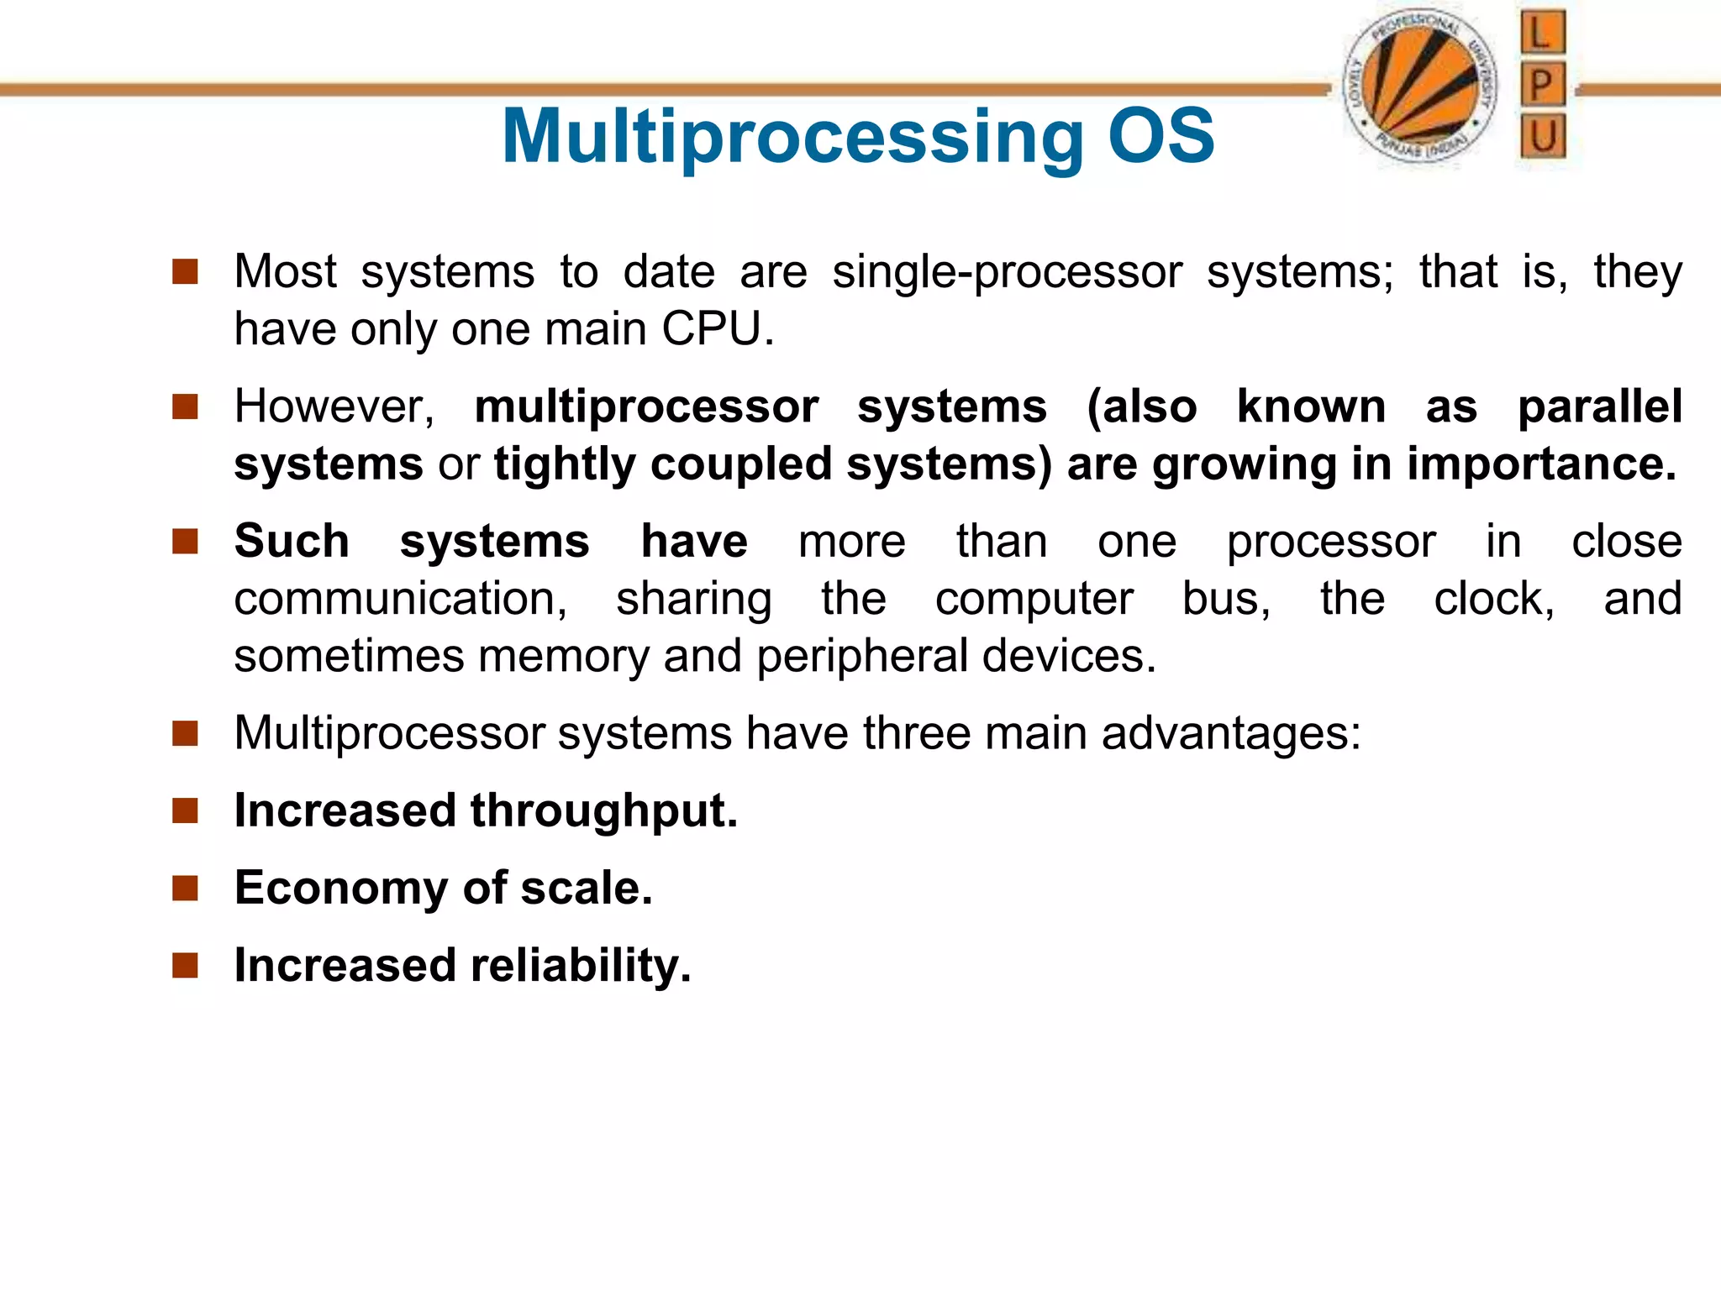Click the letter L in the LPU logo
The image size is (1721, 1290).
coord(1542,34)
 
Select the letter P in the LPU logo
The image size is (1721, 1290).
coord(1542,85)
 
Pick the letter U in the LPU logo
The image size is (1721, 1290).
coord(1542,136)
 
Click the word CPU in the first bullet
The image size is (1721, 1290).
coord(717,328)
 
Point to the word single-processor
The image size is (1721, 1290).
coord(1007,272)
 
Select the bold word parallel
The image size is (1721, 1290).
coord(1599,406)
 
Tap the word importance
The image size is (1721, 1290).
coord(1540,464)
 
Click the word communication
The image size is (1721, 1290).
coord(400,599)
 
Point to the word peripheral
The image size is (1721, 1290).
coord(862,656)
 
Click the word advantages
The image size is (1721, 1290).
coord(1230,733)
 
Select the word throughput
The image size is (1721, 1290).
coord(603,811)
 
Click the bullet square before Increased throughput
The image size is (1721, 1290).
coord(185,810)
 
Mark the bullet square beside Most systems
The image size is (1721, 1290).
coord(185,271)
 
